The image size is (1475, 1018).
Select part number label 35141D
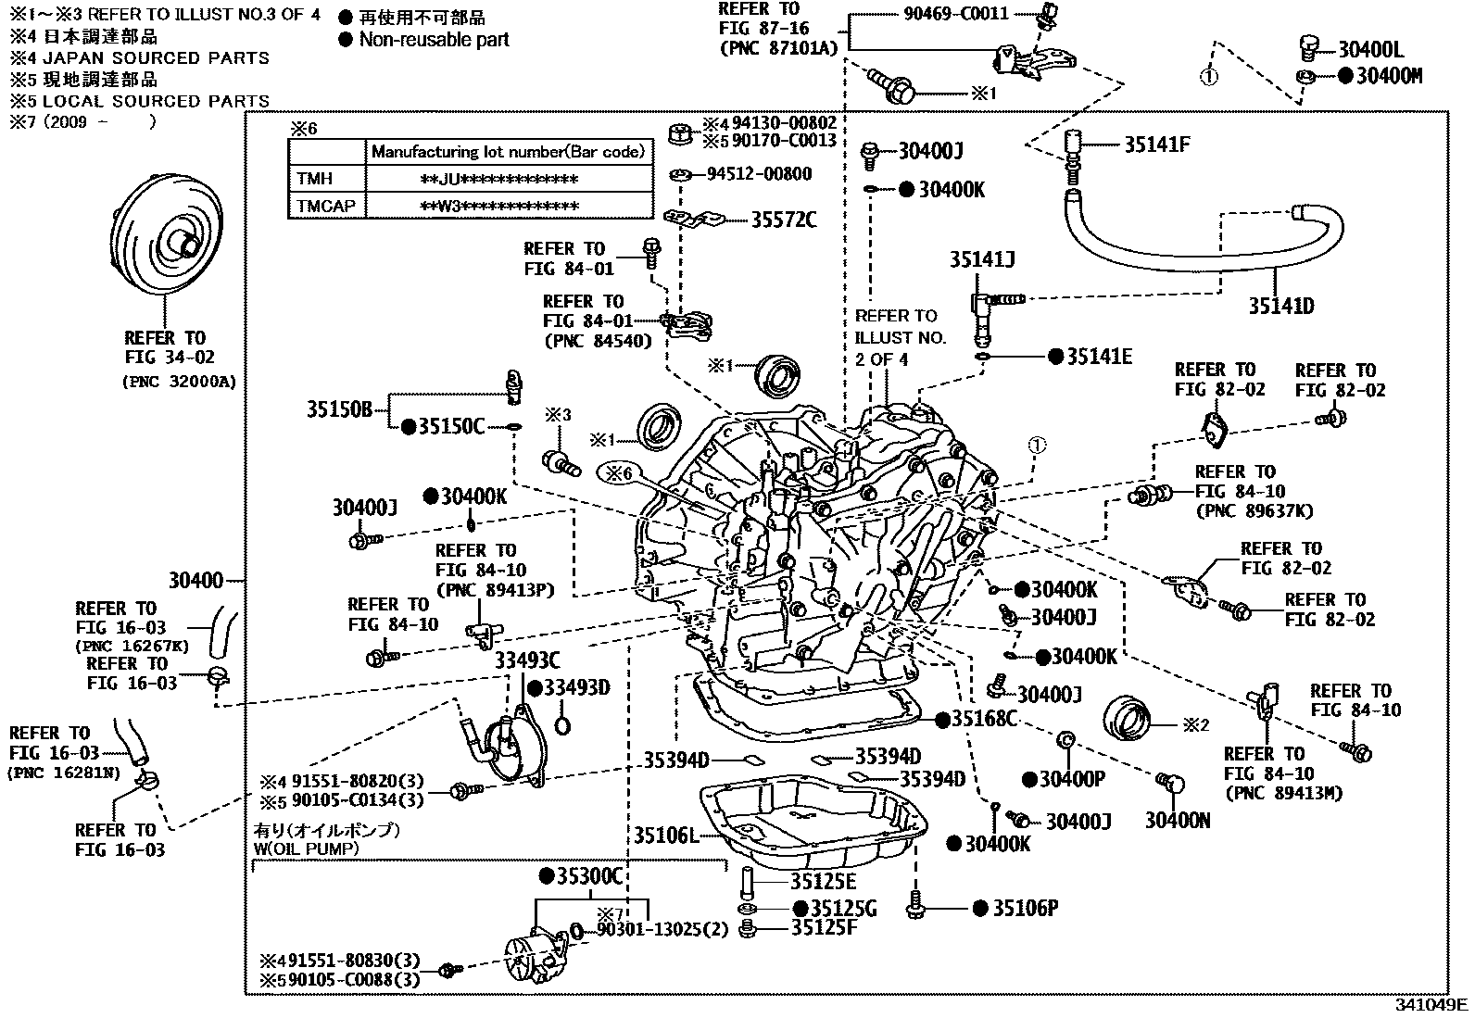pos(1280,306)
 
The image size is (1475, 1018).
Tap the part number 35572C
pos(783,220)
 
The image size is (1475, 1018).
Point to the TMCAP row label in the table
pos(326,205)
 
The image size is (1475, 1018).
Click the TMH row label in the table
pos(315,178)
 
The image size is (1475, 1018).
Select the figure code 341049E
pos(1432,1004)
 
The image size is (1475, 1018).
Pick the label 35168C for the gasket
pos(985,718)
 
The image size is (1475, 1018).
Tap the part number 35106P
pos(1025,909)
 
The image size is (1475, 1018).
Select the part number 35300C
pos(589,876)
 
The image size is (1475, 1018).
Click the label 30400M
pos(1389,76)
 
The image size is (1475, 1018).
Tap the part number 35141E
pos(1099,357)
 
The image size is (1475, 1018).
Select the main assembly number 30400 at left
pos(195,581)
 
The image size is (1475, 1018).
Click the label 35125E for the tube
pos(823,882)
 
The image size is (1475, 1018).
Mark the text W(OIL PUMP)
pos(306,848)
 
